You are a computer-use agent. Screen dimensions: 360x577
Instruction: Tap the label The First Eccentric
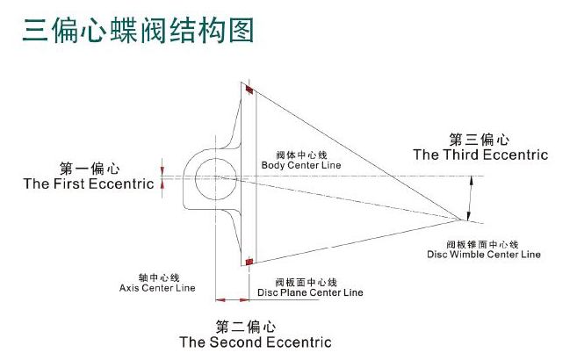pyautogui.click(x=89, y=184)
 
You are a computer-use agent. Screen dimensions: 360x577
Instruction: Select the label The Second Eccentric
pyautogui.click(x=256, y=342)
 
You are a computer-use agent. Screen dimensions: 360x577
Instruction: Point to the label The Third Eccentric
pyautogui.click(x=480, y=155)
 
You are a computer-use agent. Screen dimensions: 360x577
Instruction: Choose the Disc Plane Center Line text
pyautogui.click(x=309, y=292)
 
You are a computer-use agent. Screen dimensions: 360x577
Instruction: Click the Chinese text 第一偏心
pyautogui.click(x=89, y=168)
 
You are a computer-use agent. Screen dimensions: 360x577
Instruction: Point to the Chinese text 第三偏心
pyautogui.click(x=480, y=139)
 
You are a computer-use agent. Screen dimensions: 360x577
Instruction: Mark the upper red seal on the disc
pyautogui.click(x=249, y=90)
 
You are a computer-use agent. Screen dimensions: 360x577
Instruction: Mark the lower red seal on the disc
pyautogui.click(x=250, y=261)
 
